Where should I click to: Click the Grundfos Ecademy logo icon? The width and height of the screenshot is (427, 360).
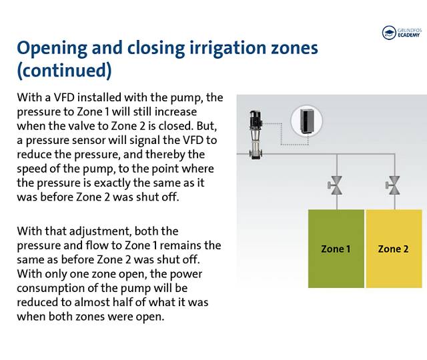(389, 33)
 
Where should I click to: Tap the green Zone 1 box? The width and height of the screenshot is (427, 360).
(336, 249)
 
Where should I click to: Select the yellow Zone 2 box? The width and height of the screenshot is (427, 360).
(394, 249)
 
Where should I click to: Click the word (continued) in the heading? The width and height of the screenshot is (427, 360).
(63, 70)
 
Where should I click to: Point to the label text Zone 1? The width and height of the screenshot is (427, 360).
(336, 249)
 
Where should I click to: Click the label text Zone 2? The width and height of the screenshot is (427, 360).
(394, 249)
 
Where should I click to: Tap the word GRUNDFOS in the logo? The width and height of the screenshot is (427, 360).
(408, 29)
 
